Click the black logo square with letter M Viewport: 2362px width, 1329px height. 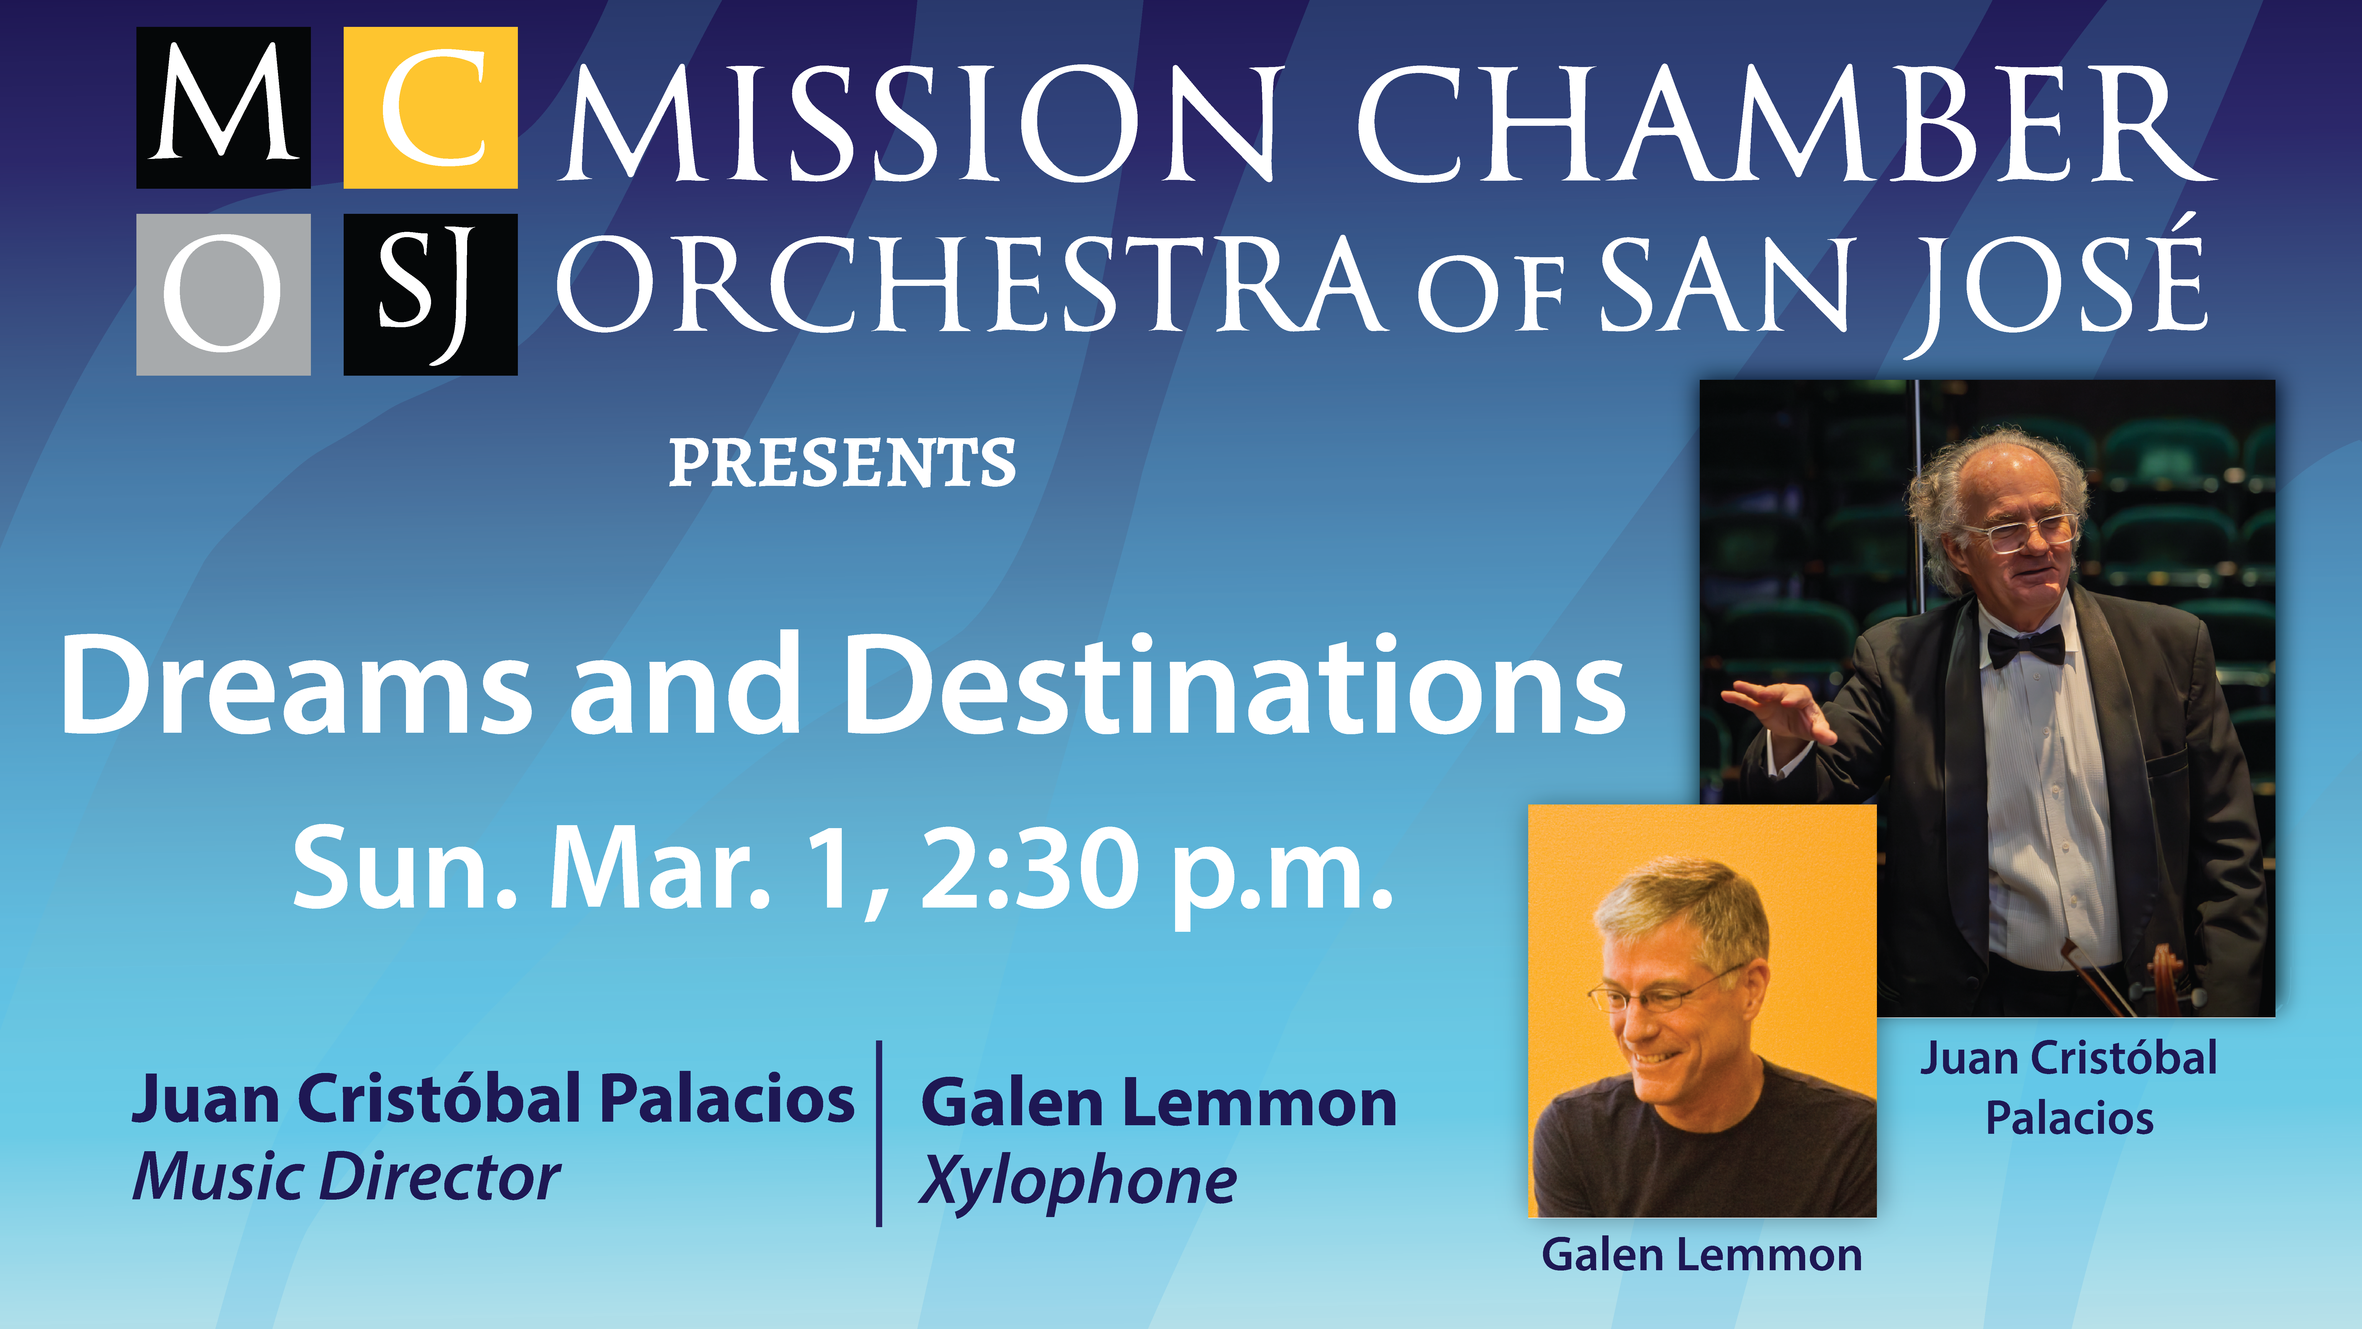pos(224,107)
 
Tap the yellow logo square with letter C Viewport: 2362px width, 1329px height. pos(430,107)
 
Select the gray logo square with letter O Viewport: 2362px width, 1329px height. pos(224,294)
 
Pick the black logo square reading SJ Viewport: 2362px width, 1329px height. pos(430,294)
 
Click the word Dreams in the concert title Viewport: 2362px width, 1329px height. pos(296,684)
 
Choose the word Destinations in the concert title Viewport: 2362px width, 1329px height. pos(1233,684)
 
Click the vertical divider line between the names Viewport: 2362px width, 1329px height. pos(879,1134)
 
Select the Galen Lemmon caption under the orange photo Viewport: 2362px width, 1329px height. pos(1702,1255)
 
